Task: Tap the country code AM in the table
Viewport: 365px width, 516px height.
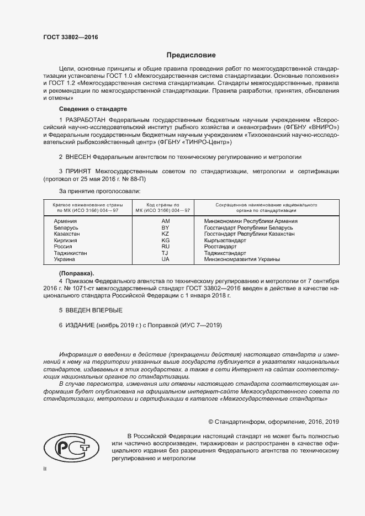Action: pyautogui.click(x=165, y=221)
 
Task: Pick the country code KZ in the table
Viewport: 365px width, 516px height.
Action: pyautogui.click(x=165, y=234)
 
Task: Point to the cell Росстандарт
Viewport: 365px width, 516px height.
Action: pyautogui.click(x=220, y=247)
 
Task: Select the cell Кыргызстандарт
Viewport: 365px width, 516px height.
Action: pyautogui.click(x=225, y=241)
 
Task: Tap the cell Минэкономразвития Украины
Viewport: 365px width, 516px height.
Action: pyautogui.click(x=242, y=259)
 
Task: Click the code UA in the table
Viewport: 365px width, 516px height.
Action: pyautogui.click(x=165, y=259)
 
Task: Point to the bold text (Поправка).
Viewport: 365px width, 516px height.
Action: pyautogui.click(x=76, y=274)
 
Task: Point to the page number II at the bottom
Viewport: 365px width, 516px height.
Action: pyautogui.click(x=45, y=469)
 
